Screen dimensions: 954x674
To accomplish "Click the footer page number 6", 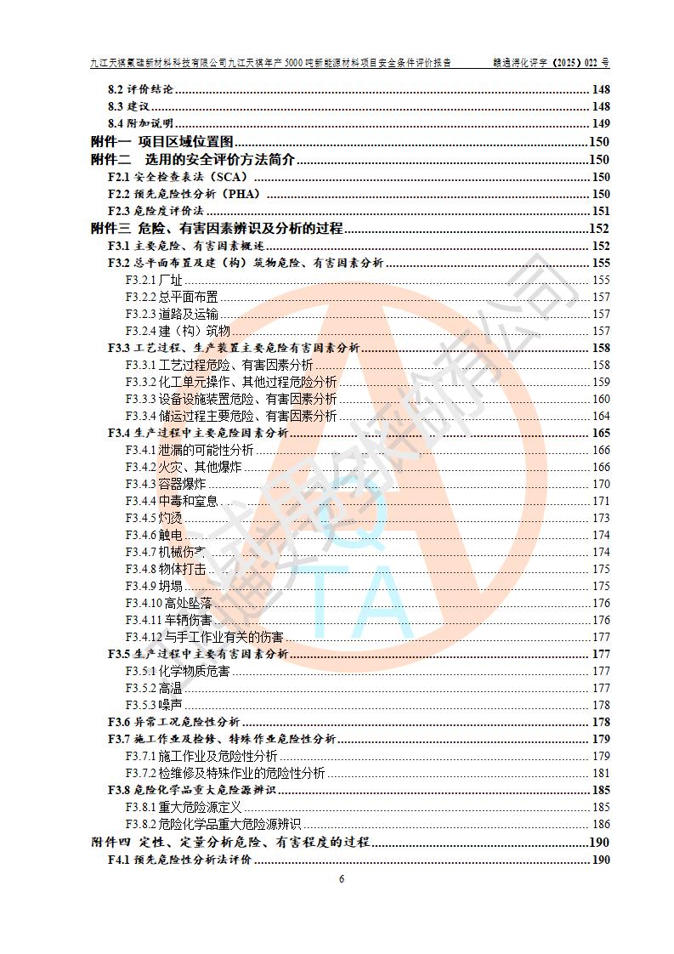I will tap(341, 878).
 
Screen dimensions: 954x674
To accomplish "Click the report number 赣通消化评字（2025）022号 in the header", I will tap(552, 63).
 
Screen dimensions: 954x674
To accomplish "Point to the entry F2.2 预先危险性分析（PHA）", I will tap(183, 194).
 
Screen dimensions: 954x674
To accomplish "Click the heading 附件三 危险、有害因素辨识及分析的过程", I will tap(217, 228).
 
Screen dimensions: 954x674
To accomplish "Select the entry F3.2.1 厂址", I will tap(154, 280).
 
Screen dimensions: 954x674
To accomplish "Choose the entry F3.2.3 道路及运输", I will tap(166, 314).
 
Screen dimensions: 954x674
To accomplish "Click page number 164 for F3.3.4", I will tap(601, 416).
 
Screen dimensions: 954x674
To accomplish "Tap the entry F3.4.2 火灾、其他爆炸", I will tap(183, 467).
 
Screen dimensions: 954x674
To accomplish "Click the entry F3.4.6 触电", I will tap(154, 535).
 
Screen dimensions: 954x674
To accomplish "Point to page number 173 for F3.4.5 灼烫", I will tap(601, 518).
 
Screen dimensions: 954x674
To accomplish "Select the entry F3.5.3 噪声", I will tap(154, 705).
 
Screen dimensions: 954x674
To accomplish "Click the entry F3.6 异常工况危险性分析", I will tap(173, 722).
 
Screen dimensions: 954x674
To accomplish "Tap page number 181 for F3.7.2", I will tap(601, 773).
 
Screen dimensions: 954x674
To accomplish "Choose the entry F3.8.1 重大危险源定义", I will tap(184, 807).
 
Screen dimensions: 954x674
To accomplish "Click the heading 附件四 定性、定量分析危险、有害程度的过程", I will tap(230, 842).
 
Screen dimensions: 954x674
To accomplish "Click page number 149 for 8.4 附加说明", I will tap(600, 124).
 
